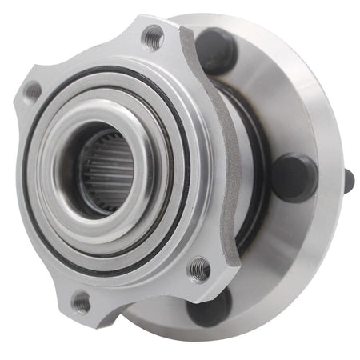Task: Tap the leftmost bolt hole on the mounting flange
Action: tap(33, 91)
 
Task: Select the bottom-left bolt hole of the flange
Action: tap(81, 302)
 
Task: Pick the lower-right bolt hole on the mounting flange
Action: tap(199, 268)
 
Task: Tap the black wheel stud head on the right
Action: tap(294, 177)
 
